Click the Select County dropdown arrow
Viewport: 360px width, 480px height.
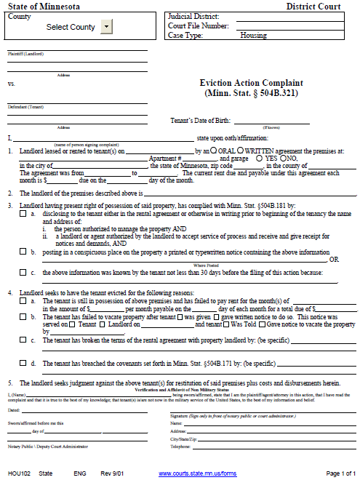[x=106, y=27]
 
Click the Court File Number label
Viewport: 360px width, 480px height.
[x=196, y=25]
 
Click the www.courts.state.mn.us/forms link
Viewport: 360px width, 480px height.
[x=198, y=473]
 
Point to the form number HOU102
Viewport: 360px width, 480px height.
[x=19, y=473]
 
